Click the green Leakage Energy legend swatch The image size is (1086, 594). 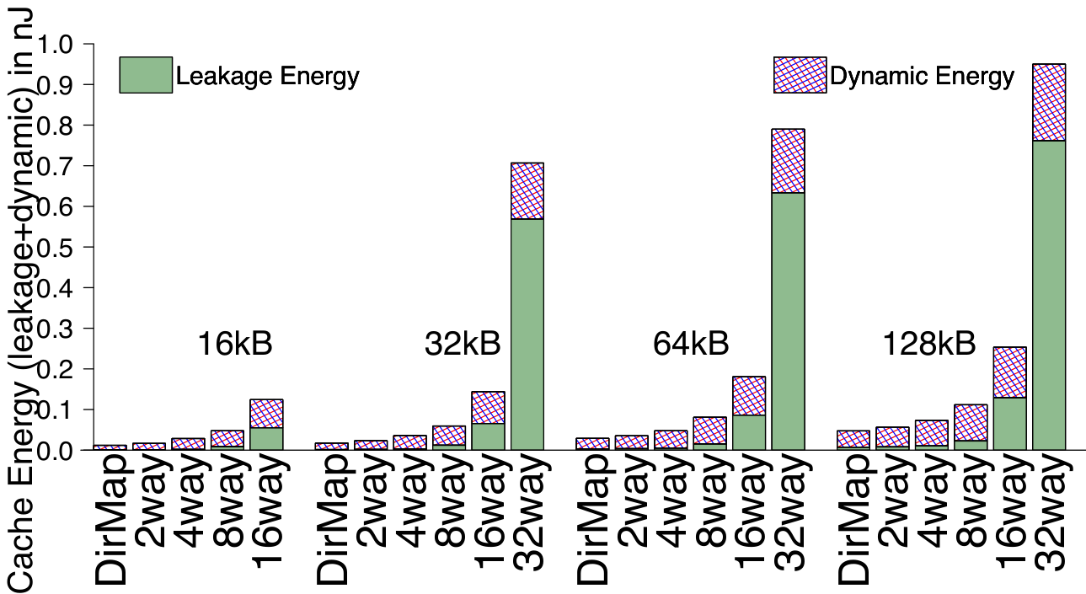point(146,75)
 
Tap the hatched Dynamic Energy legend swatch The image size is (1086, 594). point(800,75)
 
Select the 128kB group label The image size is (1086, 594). point(929,344)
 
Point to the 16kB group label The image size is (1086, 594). point(235,344)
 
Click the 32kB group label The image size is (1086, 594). point(463,344)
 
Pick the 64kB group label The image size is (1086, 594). point(691,344)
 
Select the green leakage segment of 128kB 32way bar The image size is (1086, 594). point(1049,295)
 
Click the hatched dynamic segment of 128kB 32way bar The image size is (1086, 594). point(1049,102)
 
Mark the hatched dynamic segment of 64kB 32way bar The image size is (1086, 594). point(789,161)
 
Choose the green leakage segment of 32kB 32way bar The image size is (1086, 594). point(527,334)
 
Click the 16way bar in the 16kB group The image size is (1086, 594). point(266,425)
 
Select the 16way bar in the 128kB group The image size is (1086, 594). point(1010,399)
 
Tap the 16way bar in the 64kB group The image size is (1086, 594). point(749,413)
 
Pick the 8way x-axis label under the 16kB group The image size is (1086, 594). point(227,502)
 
